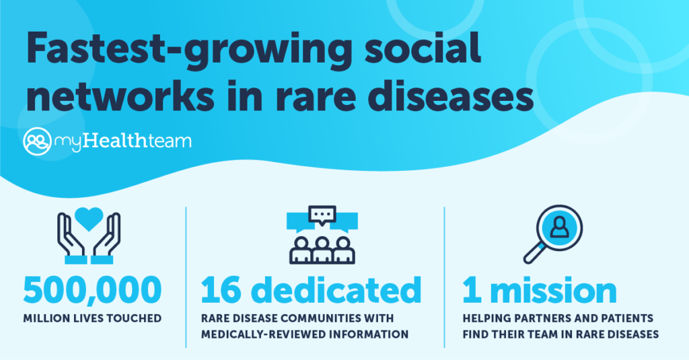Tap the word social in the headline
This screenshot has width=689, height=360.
click(x=423, y=46)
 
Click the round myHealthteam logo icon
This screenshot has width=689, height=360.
click(x=38, y=141)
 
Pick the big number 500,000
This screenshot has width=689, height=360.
click(x=92, y=291)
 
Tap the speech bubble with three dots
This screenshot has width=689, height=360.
click(x=322, y=215)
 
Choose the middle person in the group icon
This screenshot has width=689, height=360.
click(x=322, y=250)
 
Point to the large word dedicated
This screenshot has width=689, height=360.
click(x=338, y=289)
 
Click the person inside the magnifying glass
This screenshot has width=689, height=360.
click(x=559, y=227)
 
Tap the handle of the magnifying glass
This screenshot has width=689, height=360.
click(x=534, y=253)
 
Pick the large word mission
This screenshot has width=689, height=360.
click(x=553, y=290)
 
